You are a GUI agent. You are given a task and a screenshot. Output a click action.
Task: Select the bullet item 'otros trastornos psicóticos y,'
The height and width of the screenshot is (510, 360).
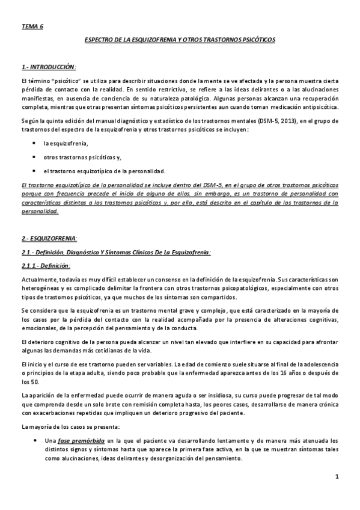point(82,157)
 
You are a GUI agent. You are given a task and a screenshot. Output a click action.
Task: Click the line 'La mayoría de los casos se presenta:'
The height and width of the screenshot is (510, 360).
point(70,426)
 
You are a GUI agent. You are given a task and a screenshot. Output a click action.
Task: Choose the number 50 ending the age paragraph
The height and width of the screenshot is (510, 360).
point(36,381)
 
